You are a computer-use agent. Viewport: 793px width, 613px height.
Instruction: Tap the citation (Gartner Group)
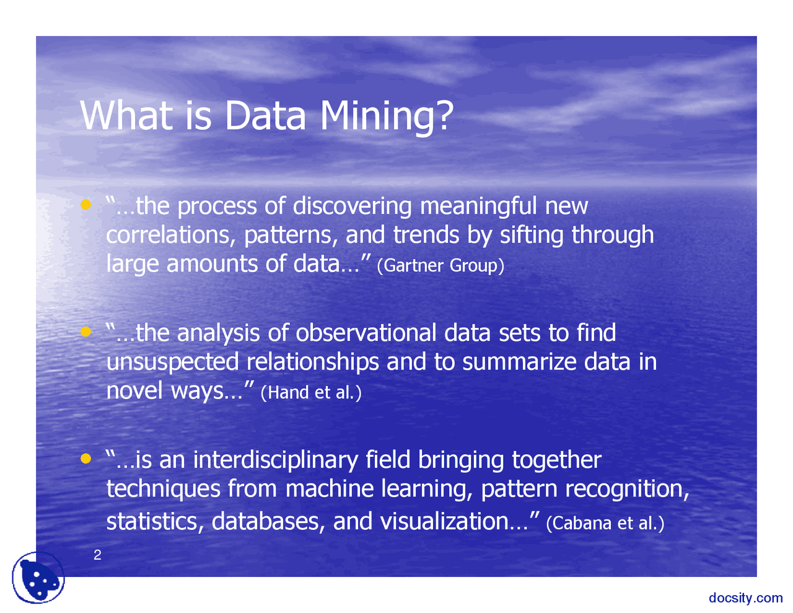(440, 265)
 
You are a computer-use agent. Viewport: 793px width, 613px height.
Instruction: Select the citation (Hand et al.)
(311, 392)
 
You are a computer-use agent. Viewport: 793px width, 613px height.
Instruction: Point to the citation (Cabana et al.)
(605, 523)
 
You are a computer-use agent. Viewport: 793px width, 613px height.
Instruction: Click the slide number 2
(97, 555)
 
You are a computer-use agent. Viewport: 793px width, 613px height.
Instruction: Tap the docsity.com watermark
(745, 598)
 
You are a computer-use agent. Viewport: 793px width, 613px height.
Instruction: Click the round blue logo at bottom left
(38, 578)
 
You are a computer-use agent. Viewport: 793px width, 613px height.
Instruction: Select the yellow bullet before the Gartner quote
(86, 204)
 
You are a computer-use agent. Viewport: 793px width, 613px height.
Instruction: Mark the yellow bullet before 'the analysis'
(86, 332)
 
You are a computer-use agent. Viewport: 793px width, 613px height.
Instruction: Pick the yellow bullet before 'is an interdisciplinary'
(86, 459)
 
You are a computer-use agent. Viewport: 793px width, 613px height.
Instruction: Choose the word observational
(366, 333)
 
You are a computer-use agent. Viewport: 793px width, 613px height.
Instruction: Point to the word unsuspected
(172, 362)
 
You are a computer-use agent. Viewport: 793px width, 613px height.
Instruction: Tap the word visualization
(444, 521)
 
